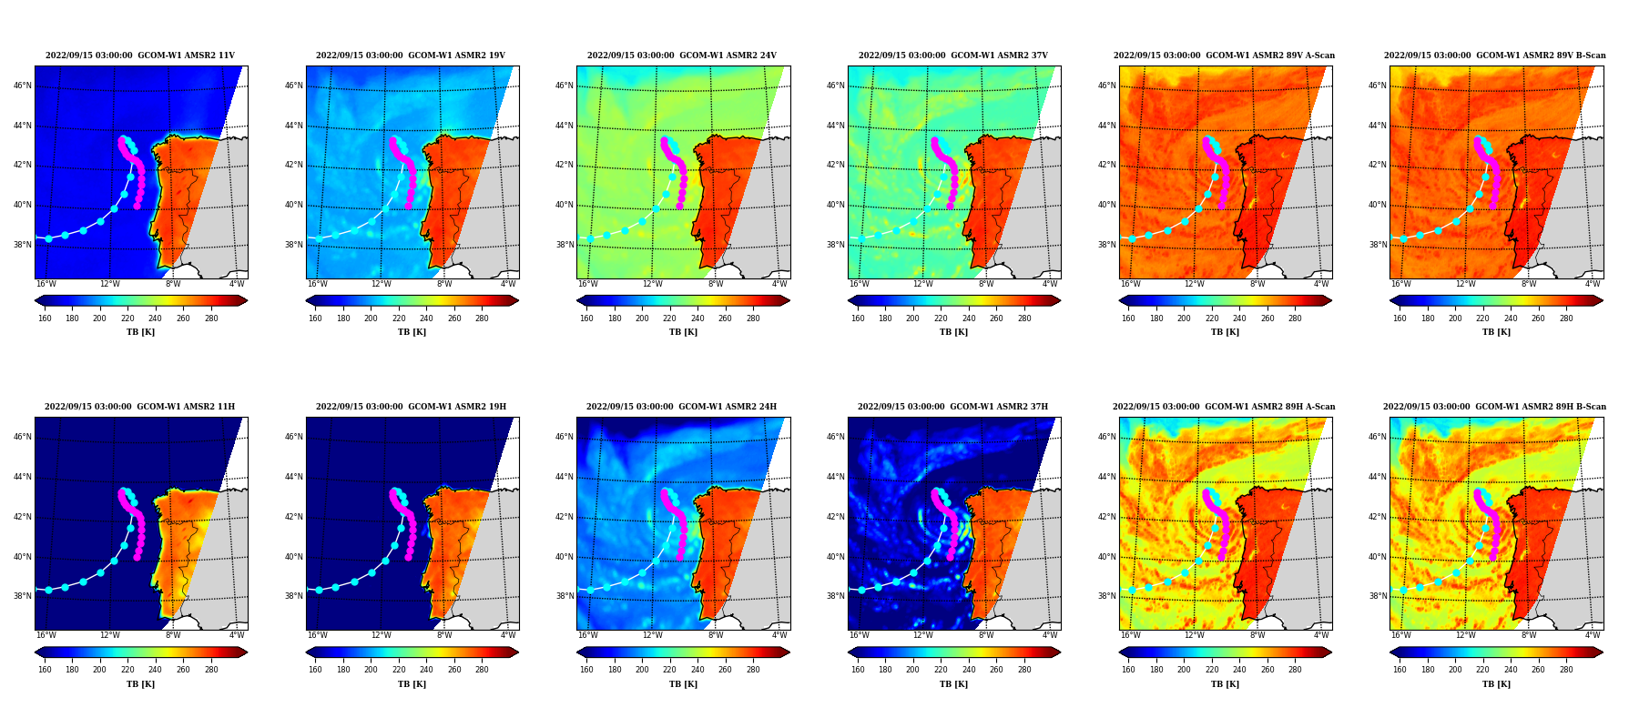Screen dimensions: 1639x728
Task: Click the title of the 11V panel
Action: [140, 56]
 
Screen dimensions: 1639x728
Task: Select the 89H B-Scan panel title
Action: [1495, 407]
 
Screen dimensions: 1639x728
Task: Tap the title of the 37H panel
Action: [952, 407]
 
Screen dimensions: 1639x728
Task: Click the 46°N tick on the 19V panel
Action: [294, 86]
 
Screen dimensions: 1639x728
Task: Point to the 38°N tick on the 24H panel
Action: [565, 596]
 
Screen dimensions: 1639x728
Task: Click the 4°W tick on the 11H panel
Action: [237, 635]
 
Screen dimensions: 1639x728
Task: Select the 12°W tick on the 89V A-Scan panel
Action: [1194, 284]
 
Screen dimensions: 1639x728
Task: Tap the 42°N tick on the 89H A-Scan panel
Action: [1106, 517]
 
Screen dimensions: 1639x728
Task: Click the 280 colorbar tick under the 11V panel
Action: [211, 318]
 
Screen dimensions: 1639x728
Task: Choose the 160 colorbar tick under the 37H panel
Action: [858, 670]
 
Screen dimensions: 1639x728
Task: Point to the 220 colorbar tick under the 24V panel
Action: [669, 318]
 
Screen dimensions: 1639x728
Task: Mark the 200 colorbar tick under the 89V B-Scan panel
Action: [1455, 318]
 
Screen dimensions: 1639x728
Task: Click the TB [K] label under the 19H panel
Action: [412, 684]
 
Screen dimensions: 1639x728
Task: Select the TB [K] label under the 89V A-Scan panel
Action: [1225, 332]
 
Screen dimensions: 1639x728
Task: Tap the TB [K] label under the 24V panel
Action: [683, 332]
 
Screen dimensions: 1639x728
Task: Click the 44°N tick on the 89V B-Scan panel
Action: [1378, 126]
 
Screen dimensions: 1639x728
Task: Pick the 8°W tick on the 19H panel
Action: [443, 635]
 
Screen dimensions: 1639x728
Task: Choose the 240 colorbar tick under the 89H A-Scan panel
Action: [1239, 670]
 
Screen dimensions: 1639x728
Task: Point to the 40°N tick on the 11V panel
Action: [23, 205]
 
